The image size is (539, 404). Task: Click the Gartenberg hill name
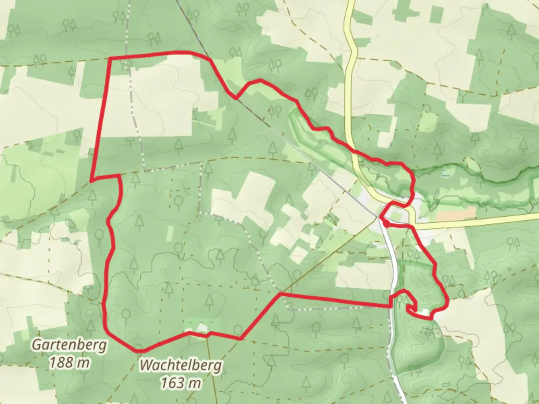pyautogui.click(x=69, y=345)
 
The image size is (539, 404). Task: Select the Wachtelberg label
pyautogui.click(x=181, y=365)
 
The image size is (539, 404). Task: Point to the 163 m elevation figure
pyautogui.click(x=181, y=382)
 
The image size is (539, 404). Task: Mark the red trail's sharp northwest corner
pyautogui.click(x=110, y=59)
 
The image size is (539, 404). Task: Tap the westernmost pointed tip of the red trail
pyautogui.click(x=91, y=181)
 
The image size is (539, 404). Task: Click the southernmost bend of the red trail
pyautogui.click(x=140, y=351)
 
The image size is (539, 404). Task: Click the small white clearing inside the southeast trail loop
pyautogui.click(x=425, y=311)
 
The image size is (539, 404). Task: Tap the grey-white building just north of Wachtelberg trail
pyautogui.click(x=202, y=328)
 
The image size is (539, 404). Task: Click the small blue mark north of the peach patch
pyautogui.click(x=444, y=173)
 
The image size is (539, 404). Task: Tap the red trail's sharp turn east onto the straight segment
pyautogui.click(x=280, y=294)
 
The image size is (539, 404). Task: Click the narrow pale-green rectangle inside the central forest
pyautogui.click(x=170, y=233)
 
